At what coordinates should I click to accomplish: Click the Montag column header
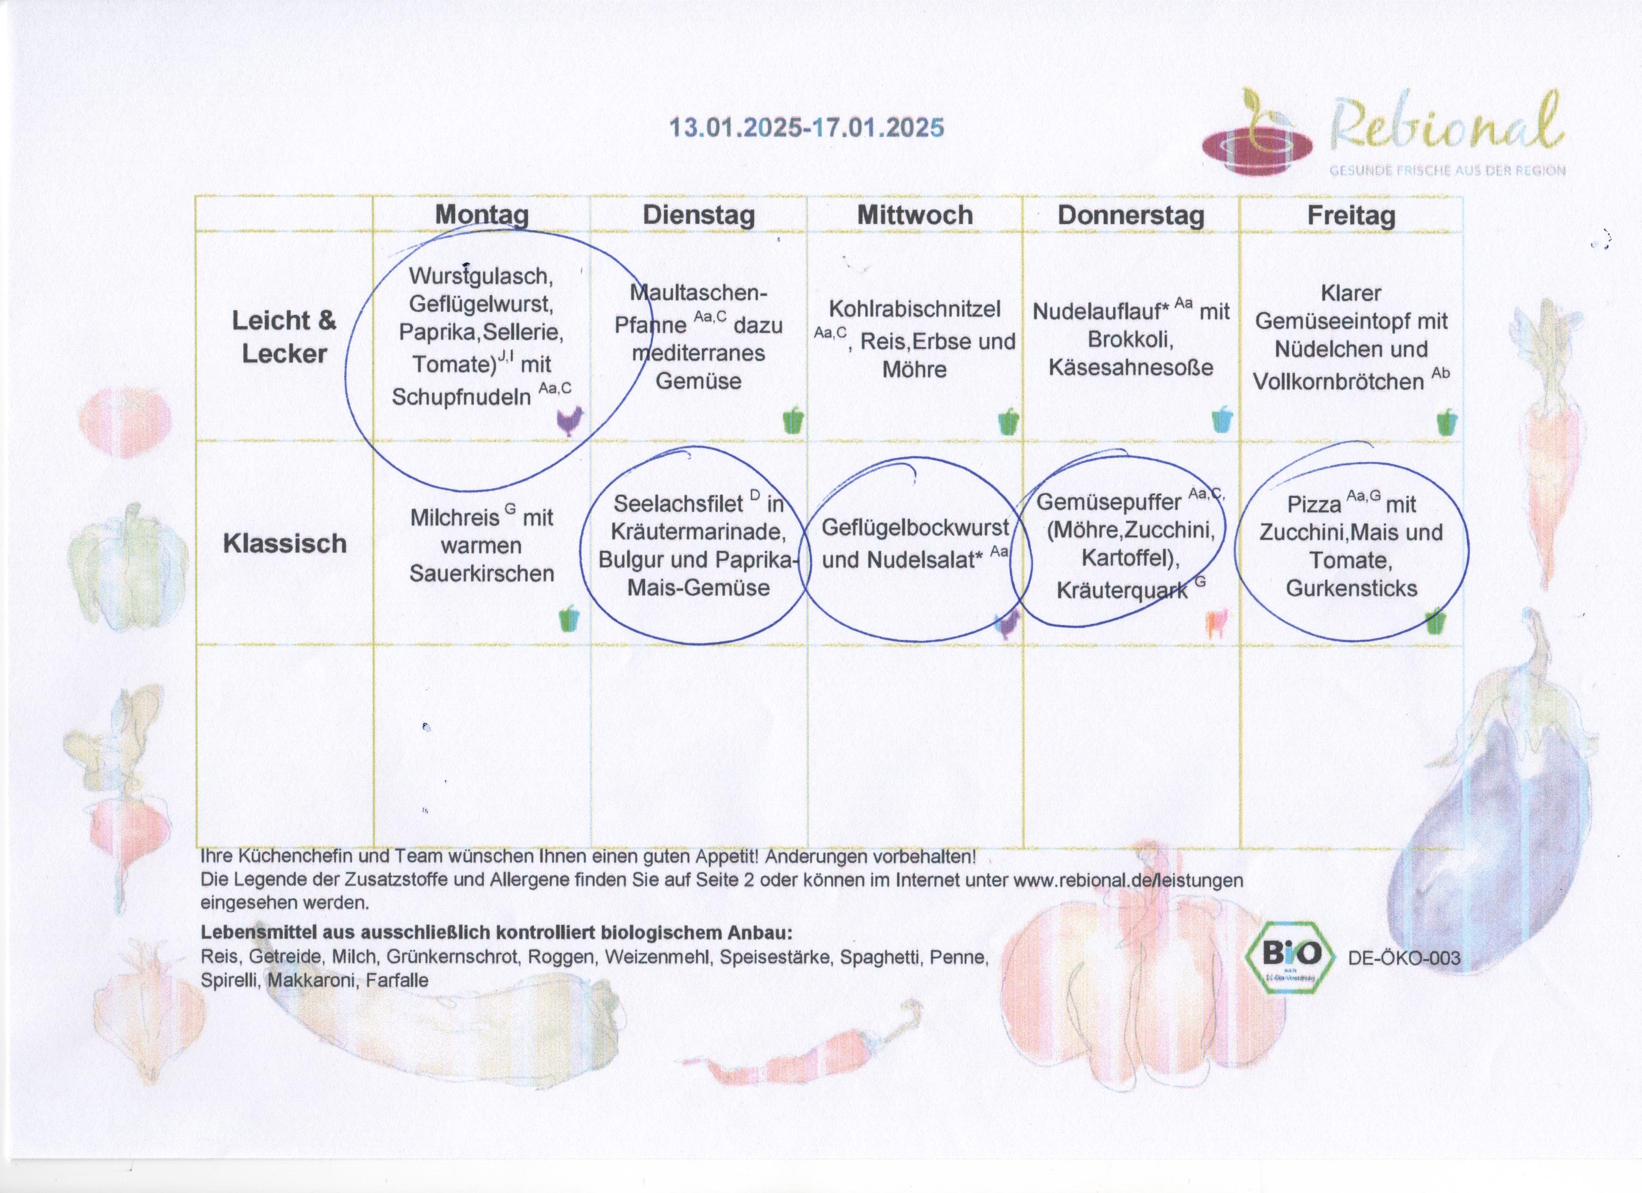pos(481,215)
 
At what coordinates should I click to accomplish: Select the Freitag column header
pos(1351,216)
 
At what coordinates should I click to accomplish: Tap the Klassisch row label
pos(284,543)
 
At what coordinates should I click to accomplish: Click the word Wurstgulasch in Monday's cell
pos(481,276)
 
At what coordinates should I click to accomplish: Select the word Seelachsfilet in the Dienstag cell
pos(678,504)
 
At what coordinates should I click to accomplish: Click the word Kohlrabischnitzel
pos(915,309)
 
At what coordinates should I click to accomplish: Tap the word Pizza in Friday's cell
pos(1314,504)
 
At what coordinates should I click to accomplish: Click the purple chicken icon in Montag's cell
pos(570,421)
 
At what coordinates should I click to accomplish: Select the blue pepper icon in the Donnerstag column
pos(1222,419)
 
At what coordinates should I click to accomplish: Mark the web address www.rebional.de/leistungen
pos(1128,880)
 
